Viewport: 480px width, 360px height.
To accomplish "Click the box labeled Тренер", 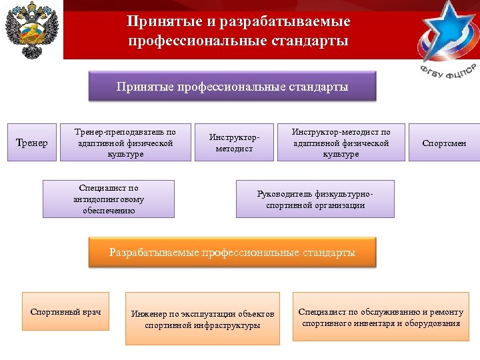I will pyautogui.click(x=31, y=143).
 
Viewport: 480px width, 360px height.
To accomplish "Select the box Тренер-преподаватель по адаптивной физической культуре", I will pyautogui.click(x=125, y=143).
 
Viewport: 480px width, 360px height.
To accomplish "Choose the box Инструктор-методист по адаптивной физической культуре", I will pyautogui.click(x=341, y=143).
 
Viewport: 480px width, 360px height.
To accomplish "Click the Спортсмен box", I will pyautogui.click(x=445, y=143).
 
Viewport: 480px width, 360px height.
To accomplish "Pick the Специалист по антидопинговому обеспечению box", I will pyautogui.click(x=109, y=199).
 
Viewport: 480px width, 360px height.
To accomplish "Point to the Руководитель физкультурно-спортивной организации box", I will pyautogui.click(x=315, y=199).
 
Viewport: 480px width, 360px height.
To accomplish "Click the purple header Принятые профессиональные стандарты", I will pyautogui.click(x=232, y=87).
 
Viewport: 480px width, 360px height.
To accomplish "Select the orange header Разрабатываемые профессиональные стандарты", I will pyautogui.click(x=232, y=253).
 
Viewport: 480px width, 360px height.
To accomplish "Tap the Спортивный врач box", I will pyautogui.click(x=66, y=311).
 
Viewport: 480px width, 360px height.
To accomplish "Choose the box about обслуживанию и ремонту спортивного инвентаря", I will pyautogui.click(x=381, y=317).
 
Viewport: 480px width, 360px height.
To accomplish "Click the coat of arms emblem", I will pyautogui.click(x=32, y=31).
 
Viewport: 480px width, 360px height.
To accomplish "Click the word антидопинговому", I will pyautogui.click(x=109, y=199).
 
